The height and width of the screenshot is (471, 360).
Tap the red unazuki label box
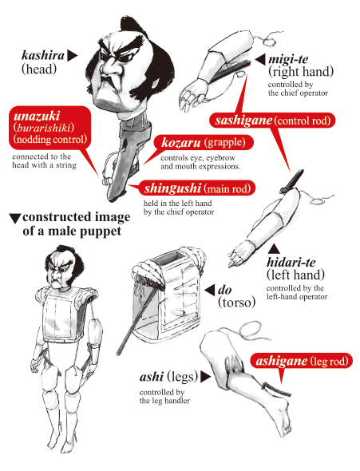[x=49, y=128]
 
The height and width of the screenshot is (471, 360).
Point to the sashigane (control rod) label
[x=272, y=121]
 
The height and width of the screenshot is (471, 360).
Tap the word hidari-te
[x=294, y=262]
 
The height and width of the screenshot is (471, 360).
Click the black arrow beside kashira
[x=73, y=56]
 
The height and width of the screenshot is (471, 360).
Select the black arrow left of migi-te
[x=259, y=60]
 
